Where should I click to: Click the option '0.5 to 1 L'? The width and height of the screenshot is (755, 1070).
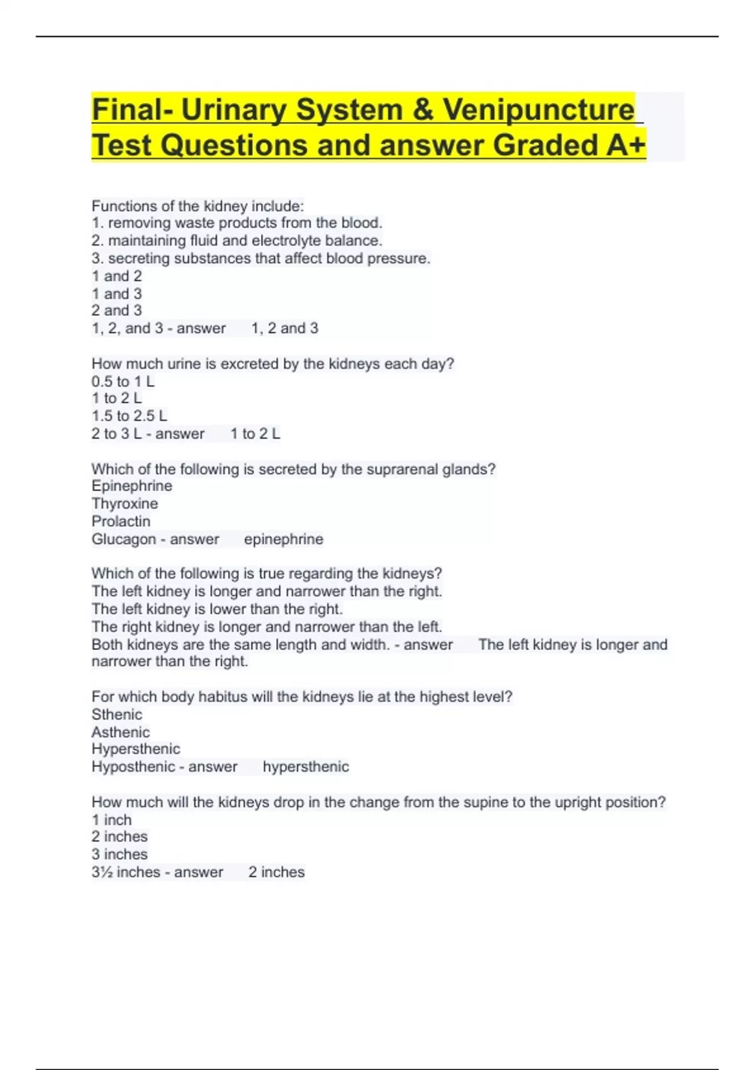(123, 381)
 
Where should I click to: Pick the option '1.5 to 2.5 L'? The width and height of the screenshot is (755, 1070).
(129, 416)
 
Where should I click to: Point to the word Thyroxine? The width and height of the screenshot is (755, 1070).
(125, 504)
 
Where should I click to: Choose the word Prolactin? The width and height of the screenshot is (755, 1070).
(121, 521)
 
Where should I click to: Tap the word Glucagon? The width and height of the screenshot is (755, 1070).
(123, 539)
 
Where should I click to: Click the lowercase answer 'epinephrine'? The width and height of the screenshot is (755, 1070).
(283, 539)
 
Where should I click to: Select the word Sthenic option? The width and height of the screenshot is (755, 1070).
(116, 714)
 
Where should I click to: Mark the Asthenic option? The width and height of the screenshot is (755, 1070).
(120, 732)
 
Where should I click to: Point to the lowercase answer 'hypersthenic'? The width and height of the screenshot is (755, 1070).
(305, 767)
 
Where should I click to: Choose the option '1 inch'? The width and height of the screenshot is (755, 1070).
(111, 820)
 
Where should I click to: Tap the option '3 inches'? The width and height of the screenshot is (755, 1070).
(120, 854)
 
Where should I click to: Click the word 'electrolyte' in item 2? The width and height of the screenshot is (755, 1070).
(286, 241)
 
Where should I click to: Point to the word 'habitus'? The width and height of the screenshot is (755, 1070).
(222, 697)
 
